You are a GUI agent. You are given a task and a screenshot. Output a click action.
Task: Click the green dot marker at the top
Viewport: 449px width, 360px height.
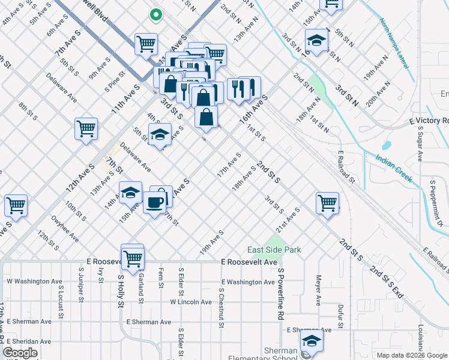pos(155,14)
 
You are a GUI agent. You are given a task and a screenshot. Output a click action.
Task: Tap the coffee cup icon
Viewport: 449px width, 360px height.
pos(154,203)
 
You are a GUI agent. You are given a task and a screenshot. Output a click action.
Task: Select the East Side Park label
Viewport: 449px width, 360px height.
pos(274,250)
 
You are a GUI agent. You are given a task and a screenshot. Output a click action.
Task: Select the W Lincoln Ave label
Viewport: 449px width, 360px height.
pos(192,302)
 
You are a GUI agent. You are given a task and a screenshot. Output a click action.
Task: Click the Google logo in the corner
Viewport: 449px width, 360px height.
pos(20,353)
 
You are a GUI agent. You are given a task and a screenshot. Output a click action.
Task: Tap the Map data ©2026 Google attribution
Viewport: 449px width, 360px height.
pos(411,355)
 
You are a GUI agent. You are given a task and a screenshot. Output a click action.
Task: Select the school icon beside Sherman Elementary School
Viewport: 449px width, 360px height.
pos(311,343)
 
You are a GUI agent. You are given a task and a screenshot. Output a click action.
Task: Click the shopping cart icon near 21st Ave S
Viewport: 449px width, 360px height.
pos(327,203)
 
